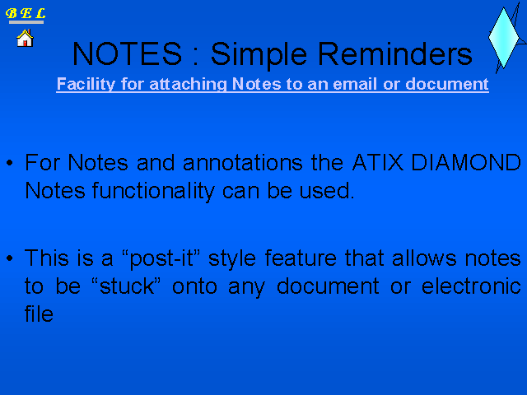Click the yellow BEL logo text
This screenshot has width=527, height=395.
pos(26,13)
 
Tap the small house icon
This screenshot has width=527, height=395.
pos(26,38)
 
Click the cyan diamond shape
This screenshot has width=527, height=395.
pos(503,38)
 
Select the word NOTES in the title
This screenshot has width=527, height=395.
pos(128,53)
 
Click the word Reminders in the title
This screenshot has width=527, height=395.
pos(395,53)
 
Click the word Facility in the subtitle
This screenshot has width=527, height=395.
pos(86,84)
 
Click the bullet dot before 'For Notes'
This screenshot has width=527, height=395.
pos(9,163)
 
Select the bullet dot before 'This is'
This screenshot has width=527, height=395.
pos(9,258)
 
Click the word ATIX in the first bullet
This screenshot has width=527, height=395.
pos(377,163)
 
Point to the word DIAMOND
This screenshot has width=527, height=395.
pos(466,163)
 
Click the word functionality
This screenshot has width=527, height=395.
pos(153,192)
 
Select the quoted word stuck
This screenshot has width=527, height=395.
pos(126,286)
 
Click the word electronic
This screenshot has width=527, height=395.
pos(471,286)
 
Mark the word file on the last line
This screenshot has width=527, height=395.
pos(39,314)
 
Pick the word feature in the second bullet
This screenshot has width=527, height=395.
pos(301,258)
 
